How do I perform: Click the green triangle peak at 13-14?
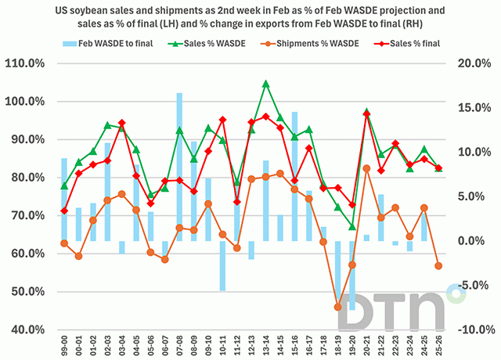[x=266, y=83]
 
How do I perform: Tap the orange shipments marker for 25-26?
[x=438, y=266]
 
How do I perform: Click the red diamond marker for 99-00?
[x=64, y=211]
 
